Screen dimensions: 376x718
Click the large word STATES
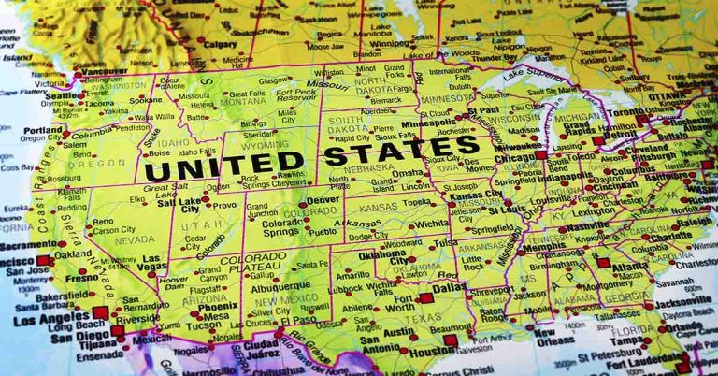point(402,151)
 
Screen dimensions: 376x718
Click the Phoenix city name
point(217,306)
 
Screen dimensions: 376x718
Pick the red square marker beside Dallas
point(426,298)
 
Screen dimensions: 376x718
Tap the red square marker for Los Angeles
point(100,312)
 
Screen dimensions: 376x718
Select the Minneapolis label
point(429,123)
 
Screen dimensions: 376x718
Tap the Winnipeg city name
point(390,43)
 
